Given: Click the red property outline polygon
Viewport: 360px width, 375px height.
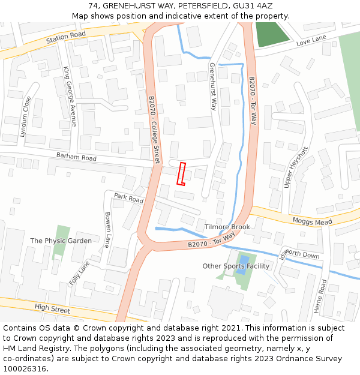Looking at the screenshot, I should tap(181, 174).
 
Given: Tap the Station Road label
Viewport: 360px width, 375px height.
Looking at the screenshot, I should tap(67, 38).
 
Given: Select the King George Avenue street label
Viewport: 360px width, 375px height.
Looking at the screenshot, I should tap(70, 97).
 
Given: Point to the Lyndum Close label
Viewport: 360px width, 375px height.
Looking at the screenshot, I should tap(25, 117).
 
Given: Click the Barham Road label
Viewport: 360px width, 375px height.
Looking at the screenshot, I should tap(76, 158).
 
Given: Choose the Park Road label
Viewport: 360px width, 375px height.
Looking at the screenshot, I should tap(129, 198).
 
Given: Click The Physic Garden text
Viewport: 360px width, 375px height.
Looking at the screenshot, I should tap(61, 241).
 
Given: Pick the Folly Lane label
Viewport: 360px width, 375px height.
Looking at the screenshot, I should tap(79, 273).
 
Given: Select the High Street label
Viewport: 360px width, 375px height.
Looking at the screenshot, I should tap(52, 309).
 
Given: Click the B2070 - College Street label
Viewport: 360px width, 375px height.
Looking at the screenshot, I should tap(154, 130).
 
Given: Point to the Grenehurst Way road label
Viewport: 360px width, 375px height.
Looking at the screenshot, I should tap(212, 86).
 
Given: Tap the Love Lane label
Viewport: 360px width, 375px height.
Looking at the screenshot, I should tap(311, 41).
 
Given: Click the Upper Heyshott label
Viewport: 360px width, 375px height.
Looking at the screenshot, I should tap(296, 167).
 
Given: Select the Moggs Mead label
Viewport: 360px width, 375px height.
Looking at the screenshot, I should tap(312, 222).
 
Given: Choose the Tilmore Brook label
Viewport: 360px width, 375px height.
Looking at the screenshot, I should tap(227, 227).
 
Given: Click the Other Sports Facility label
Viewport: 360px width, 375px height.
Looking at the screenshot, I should tap(236, 266).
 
